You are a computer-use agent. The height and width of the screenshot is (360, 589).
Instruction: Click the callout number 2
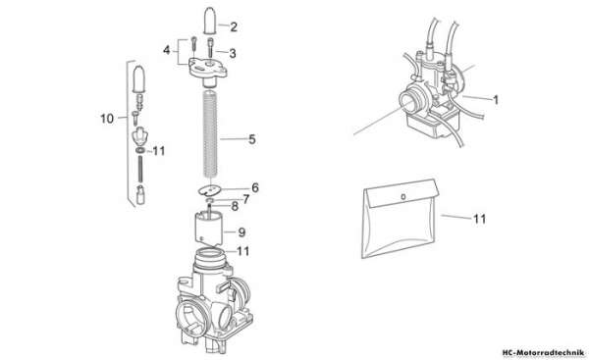coord(234,27)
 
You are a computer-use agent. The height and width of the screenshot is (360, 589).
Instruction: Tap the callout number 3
coord(233,53)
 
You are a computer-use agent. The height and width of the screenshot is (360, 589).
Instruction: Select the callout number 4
coord(167,50)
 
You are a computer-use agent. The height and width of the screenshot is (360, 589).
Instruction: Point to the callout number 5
coord(251,139)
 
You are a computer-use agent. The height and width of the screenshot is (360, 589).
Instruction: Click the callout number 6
coord(255,187)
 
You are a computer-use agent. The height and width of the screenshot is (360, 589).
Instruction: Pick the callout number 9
coord(241,232)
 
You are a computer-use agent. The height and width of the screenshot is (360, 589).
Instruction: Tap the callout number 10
coord(107,119)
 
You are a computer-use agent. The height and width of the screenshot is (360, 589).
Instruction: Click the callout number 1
coord(496,100)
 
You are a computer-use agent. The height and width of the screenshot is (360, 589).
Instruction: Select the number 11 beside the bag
coord(479,219)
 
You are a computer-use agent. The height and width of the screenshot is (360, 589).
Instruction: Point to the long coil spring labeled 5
coord(210,133)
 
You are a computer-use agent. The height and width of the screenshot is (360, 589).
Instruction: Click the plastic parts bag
coord(400,219)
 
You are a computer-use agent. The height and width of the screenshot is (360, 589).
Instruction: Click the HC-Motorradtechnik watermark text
coord(543,353)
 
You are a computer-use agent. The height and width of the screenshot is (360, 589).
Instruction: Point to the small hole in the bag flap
coord(403,197)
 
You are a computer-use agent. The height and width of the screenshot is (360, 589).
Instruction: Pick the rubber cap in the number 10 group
coord(139,78)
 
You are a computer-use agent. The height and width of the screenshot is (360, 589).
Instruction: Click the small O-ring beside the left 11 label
coord(140,150)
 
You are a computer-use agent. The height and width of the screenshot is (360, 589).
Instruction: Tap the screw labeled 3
coord(210,47)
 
